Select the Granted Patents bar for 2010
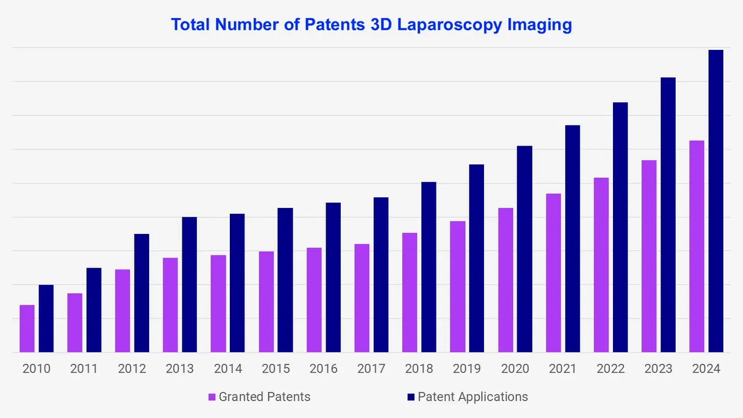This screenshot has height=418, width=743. (27, 329)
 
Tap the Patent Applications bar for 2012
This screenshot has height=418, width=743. (142, 293)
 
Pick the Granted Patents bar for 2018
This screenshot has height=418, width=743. (409, 293)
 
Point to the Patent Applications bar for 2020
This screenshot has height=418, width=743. (524, 249)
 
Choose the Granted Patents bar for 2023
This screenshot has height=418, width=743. (649, 256)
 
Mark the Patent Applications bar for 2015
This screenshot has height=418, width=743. (285, 280)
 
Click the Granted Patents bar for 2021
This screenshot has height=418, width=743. (553, 273)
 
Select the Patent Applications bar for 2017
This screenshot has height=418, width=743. (381, 275)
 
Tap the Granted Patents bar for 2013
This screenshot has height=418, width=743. (171, 305)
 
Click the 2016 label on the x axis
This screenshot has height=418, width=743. (324, 369)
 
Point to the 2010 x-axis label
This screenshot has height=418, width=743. (37, 369)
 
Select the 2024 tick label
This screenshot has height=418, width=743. (706, 369)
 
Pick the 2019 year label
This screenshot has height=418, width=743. (467, 369)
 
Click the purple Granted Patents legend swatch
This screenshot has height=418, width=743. (212, 397)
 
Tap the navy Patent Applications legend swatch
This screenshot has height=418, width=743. (412, 397)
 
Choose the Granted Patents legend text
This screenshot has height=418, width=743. (264, 397)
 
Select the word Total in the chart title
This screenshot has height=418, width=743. (191, 26)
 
